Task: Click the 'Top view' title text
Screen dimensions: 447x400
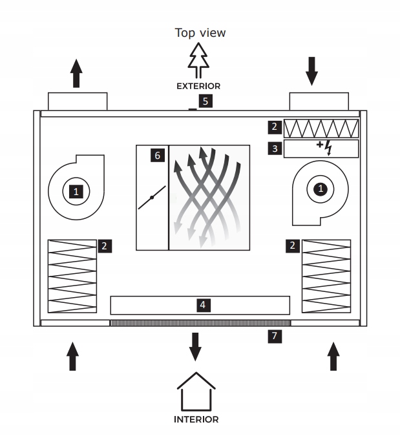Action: click(x=200, y=33)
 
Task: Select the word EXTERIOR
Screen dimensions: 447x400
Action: click(x=200, y=85)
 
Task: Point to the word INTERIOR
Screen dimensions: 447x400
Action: click(x=196, y=419)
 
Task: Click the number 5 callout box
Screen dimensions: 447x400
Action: click(x=205, y=101)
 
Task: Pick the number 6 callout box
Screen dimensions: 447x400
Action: click(x=156, y=155)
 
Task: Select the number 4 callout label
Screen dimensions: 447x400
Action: click(x=203, y=304)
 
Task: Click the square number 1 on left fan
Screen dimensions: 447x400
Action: click(x=77, y=191)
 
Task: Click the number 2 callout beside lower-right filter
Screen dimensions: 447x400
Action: click(x=293, y=245)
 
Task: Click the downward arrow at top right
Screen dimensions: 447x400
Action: click(x=313, y=71)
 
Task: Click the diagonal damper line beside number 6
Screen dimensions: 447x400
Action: click(x=152, y=196)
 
